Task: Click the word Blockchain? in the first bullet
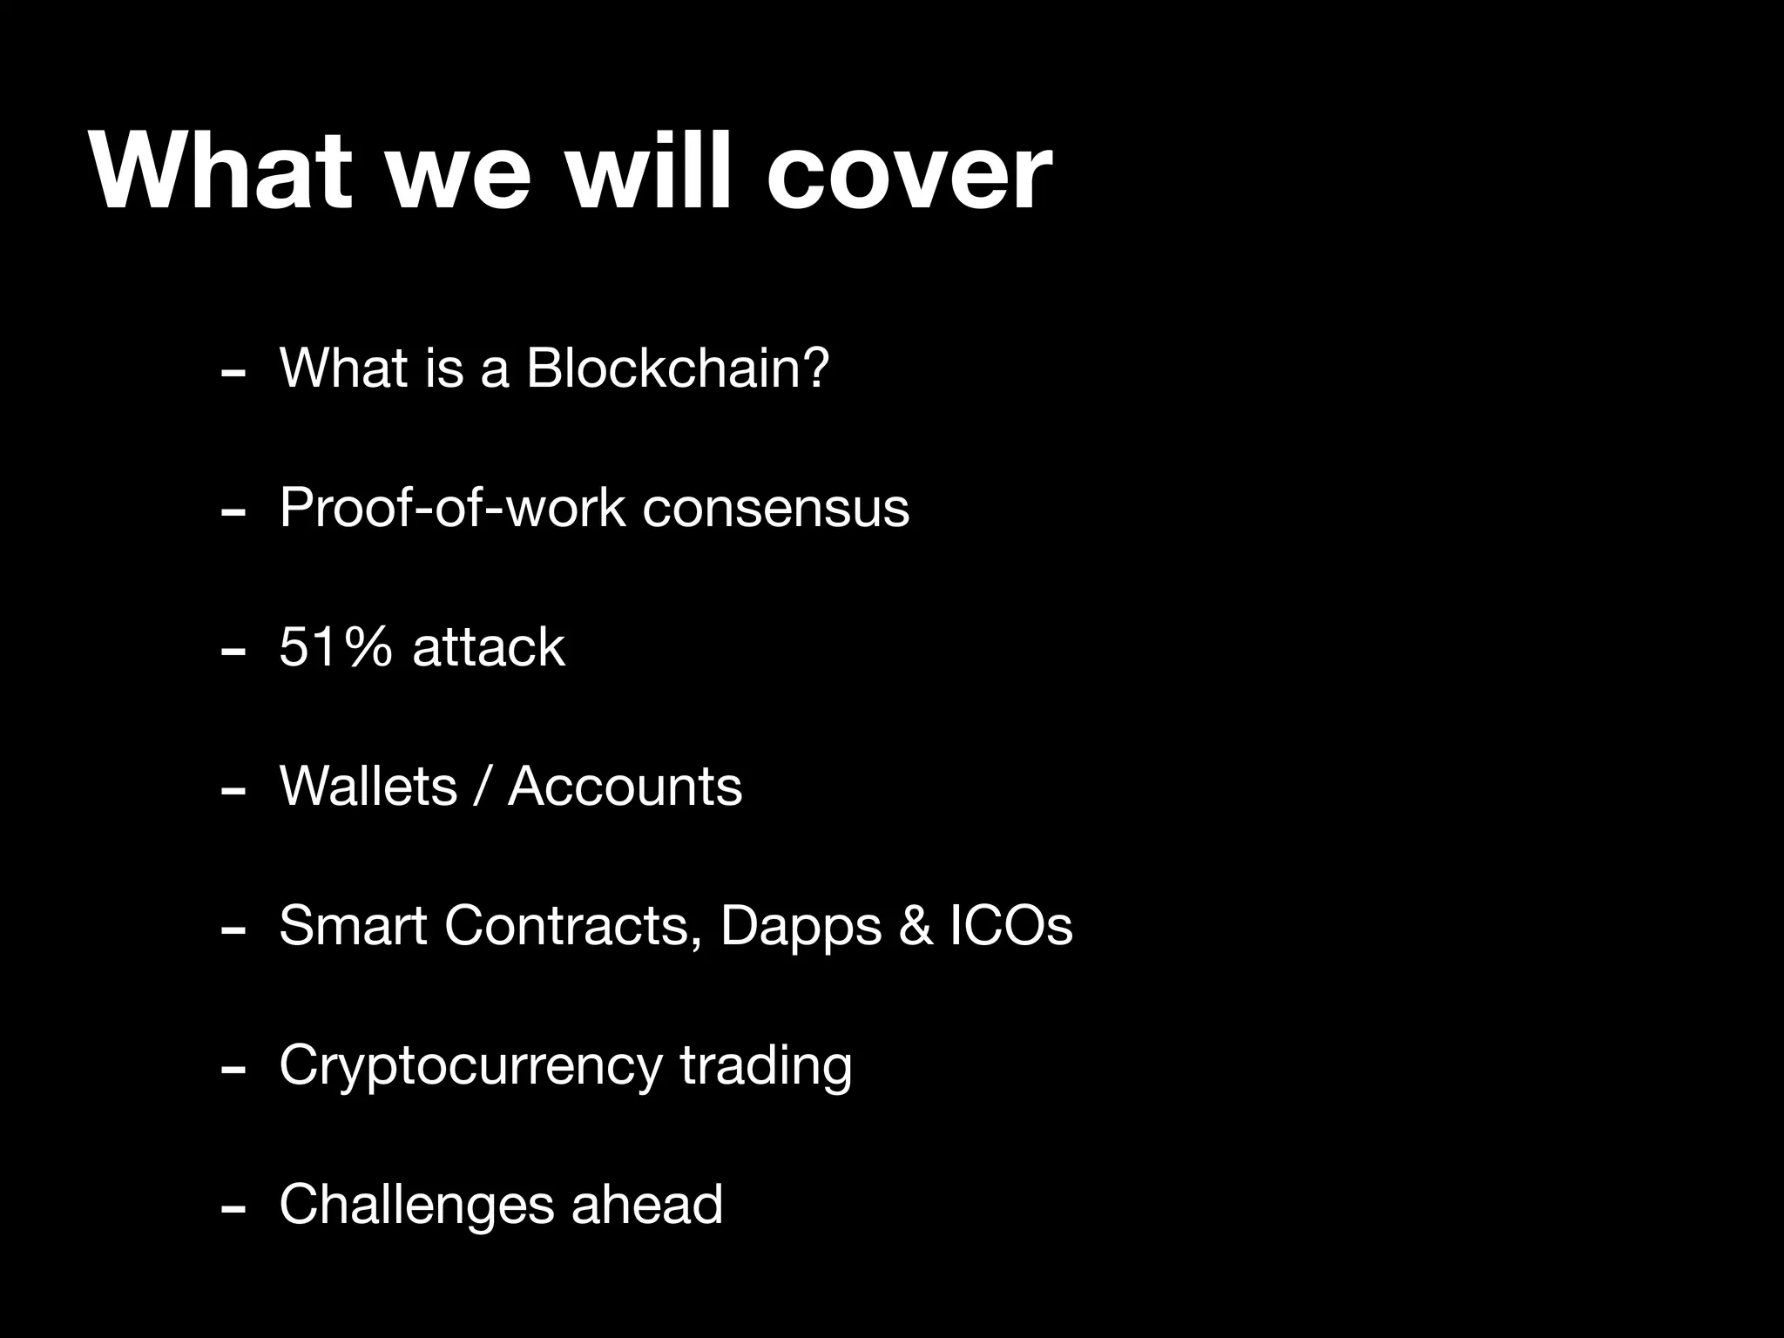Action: point(678,368)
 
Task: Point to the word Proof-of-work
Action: point(452,507)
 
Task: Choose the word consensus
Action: point(775,509)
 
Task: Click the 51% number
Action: point(335,647)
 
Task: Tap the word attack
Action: point(488,647)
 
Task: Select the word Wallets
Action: point(368,786)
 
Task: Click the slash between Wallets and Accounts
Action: point(482,787)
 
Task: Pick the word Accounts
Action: point(625,786)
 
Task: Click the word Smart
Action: point(352,925)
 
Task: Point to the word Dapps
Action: point(800,927)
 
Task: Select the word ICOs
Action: point(1010,925)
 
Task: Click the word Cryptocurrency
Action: point(470,1066)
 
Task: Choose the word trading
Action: point(765,1066)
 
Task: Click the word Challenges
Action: point(416,1206)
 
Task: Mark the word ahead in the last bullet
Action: point(646,1204)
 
